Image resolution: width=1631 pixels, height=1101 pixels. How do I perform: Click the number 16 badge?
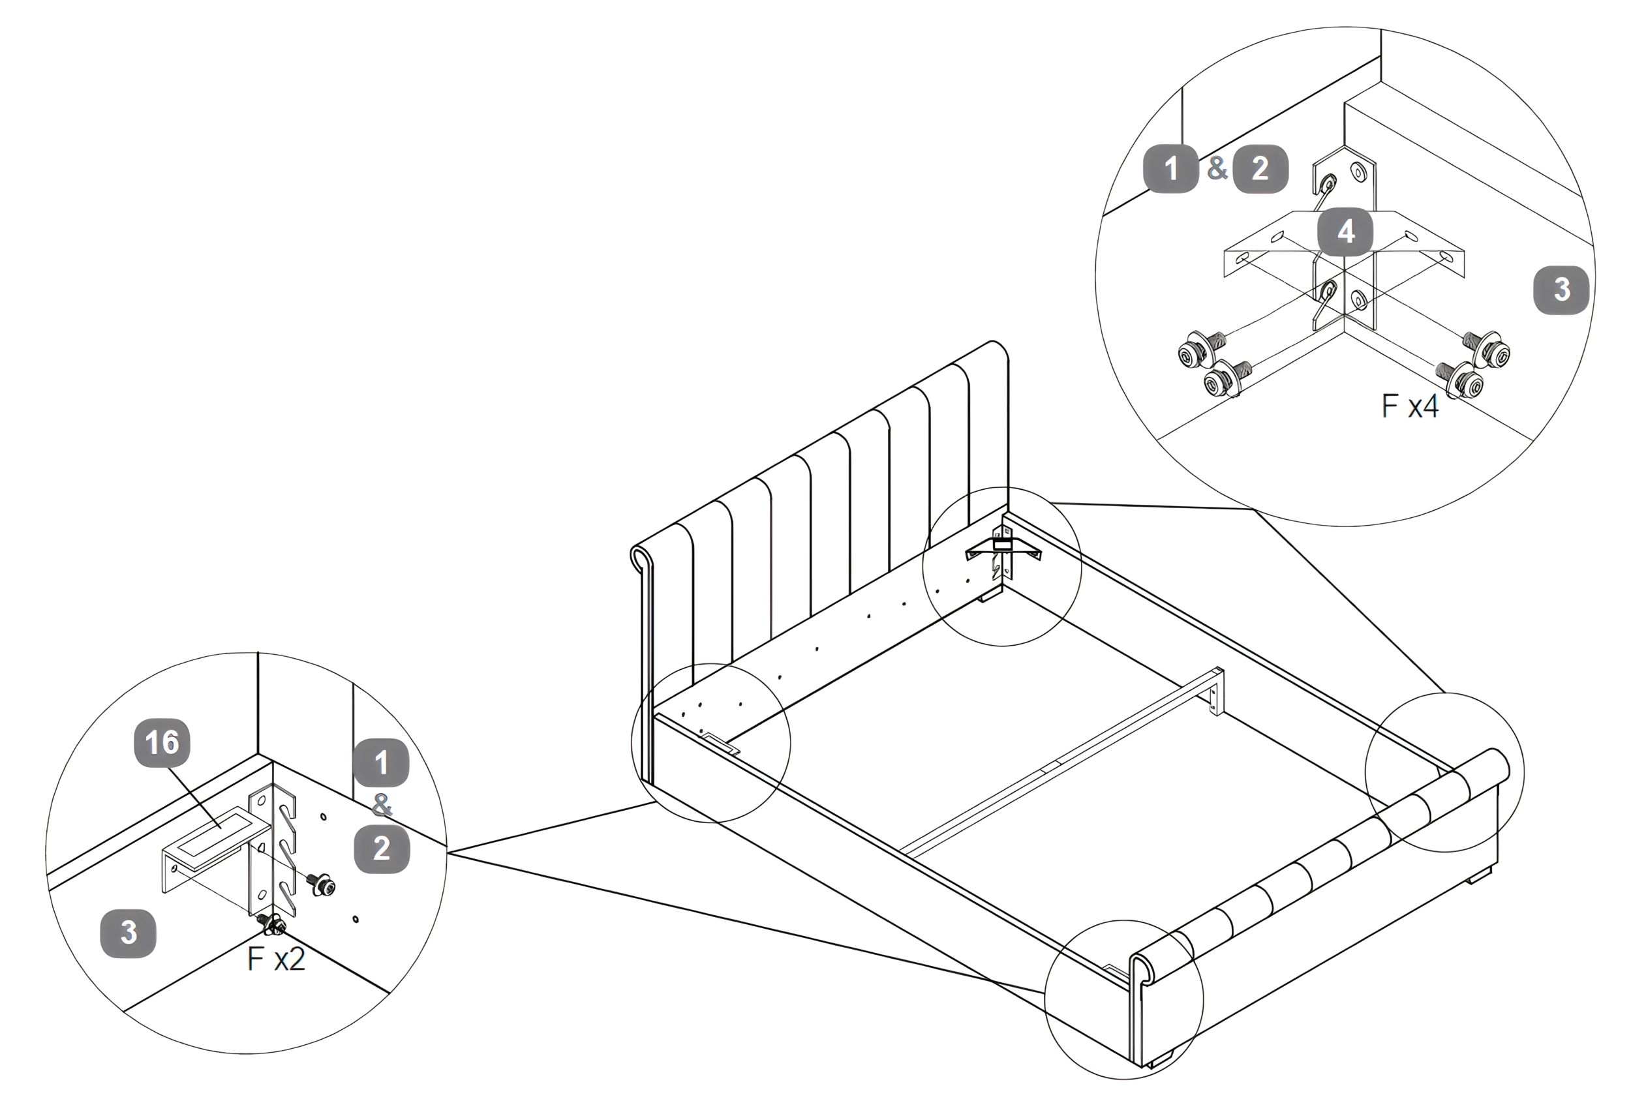162,742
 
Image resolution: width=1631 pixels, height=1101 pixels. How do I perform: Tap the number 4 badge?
1345,232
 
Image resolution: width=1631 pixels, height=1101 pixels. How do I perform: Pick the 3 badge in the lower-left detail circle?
129,933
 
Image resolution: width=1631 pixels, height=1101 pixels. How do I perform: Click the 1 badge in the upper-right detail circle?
1170,168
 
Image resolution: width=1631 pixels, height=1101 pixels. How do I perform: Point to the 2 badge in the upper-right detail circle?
1260,168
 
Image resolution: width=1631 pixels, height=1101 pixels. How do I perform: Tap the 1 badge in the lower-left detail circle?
381,762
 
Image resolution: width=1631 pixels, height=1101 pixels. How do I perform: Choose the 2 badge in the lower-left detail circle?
381,849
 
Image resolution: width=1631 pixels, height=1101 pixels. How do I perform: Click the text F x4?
1409,406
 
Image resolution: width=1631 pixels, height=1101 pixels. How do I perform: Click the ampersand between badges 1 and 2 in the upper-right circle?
1216,168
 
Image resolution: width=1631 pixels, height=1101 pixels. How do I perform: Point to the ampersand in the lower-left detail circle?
381,805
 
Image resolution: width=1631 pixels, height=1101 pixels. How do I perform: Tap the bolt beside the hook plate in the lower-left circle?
323,885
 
